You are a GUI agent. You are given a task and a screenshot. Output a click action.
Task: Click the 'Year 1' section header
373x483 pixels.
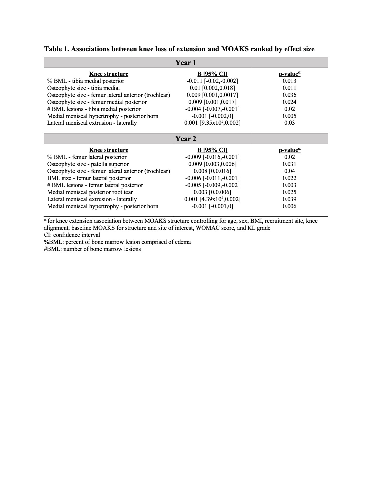(x=186, y=63)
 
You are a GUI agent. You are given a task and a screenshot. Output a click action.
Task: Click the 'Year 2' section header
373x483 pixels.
(x=186, y=139)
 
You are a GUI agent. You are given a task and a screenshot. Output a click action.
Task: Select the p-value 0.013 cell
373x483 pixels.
(x=289, y=81)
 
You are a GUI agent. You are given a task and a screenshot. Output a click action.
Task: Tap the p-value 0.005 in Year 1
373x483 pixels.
(x=289, y=116)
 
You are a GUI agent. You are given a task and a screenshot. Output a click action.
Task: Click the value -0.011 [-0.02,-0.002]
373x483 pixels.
(x=212, y=81)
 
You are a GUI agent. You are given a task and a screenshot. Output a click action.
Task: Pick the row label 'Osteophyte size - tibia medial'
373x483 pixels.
(x=84, y=88)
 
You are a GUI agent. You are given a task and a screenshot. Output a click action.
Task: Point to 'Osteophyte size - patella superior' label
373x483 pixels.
(x=88, y=164)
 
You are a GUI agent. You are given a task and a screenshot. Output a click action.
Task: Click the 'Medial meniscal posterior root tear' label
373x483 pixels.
(x=90, y=192)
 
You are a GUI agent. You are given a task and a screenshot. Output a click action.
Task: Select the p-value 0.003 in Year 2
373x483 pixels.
(x=289, y=185)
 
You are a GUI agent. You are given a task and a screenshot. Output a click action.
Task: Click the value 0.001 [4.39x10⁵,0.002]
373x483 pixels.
(x=212, y=199)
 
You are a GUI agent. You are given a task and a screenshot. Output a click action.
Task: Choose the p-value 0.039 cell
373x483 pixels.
(x=289, y=199)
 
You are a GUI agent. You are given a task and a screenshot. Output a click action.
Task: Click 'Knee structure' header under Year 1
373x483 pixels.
(x=109, y=74)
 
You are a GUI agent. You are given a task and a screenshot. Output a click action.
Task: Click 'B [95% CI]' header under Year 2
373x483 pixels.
(x=212, y=150)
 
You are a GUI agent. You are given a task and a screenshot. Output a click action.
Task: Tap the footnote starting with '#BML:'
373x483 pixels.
(x=92, y=249)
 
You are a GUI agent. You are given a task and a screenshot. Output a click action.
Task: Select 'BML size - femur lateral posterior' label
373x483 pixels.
(x=89, y=178)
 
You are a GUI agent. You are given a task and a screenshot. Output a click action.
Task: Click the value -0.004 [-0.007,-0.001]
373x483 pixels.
(x=212, y=109)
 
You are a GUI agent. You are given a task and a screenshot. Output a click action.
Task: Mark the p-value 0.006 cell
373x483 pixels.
(x=289, y=206)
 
